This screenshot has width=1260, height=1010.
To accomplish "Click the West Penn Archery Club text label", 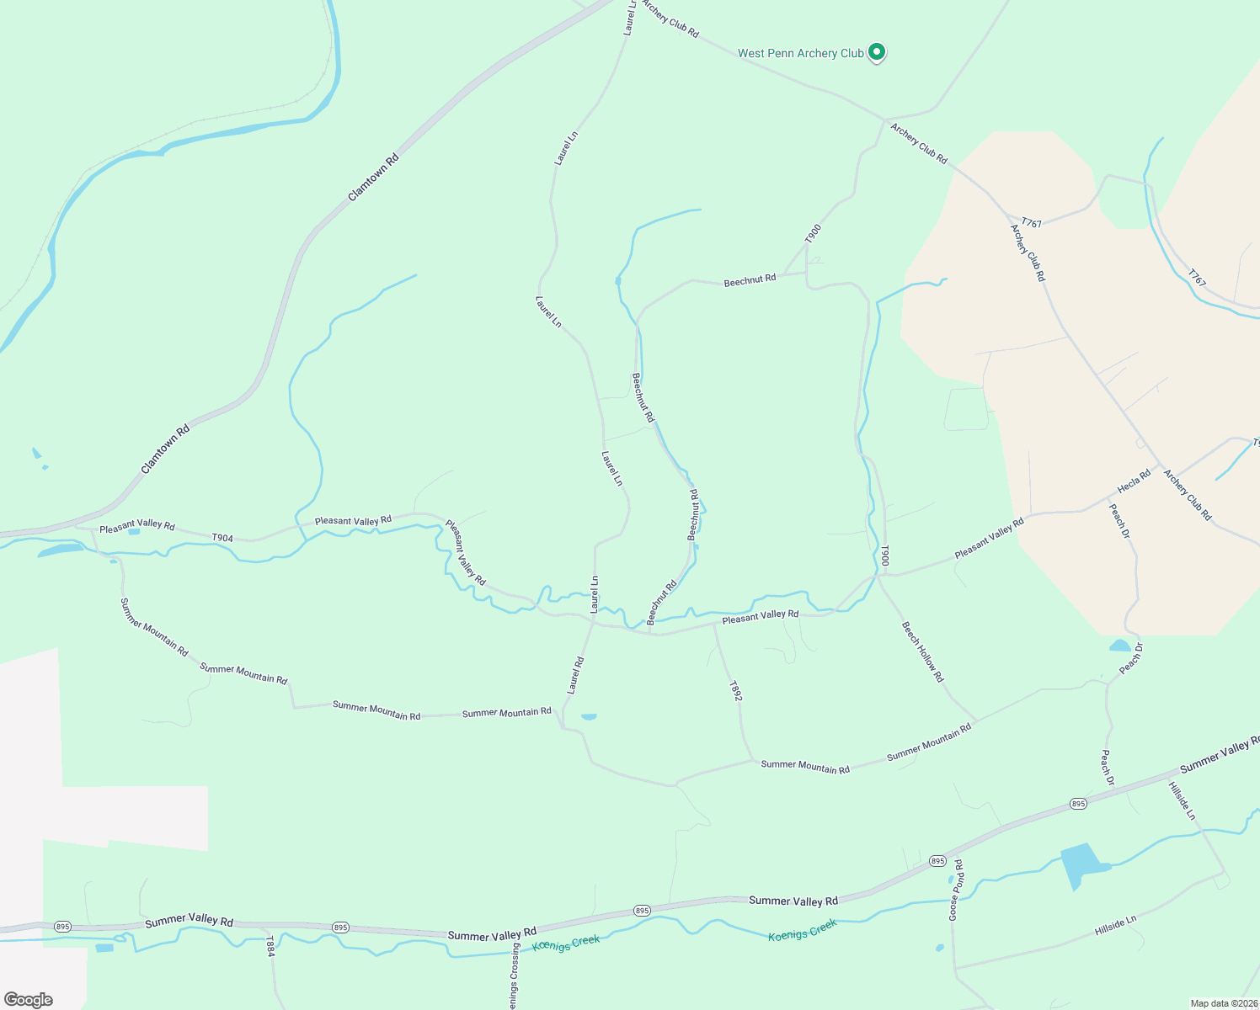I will [x=800, y=53].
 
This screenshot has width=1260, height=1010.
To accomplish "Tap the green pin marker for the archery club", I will [x=876, y=52].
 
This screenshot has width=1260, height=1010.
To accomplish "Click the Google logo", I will [x=29, y=1000].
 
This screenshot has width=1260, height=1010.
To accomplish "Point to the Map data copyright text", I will [x=1223, y=1003].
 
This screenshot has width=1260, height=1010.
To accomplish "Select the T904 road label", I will [x=222, y=538].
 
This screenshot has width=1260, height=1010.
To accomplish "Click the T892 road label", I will [x=735, y=691].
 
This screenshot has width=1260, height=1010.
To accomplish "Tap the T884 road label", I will [x=270, y=946].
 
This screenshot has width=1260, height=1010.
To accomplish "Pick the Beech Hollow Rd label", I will [x=923, y=651].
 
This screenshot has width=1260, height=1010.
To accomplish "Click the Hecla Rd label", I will [x=1134, y=482].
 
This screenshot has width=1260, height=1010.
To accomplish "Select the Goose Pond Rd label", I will [x=956, y=890].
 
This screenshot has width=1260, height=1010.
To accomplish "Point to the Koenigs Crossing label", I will [x=513, y=976].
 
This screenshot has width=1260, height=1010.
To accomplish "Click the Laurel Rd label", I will [x=575, y=676].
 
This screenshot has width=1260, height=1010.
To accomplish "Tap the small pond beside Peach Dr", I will [x=1119, y=646].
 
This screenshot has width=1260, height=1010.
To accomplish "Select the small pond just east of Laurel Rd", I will [x=589, y=717].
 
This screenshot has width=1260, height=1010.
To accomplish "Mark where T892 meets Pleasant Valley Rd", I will [x=714, y=625].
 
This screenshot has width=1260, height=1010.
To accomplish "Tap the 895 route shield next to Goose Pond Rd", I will [x=938, y=861].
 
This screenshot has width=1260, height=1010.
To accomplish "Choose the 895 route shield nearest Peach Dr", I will [x=1079, y=804].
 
